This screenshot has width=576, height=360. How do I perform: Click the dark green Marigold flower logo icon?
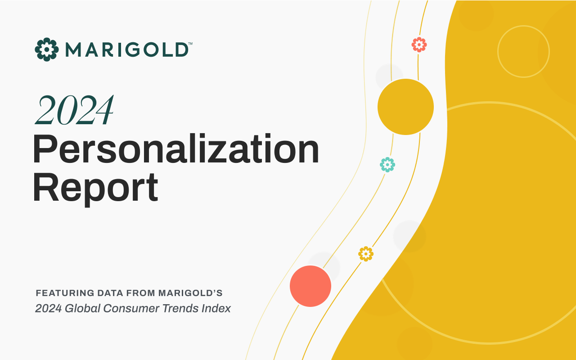coord(46,49)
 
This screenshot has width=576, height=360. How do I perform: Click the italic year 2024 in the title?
coord(75,110)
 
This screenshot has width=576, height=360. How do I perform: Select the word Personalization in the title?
coord(176,148)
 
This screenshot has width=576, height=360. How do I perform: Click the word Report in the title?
coord(95,188)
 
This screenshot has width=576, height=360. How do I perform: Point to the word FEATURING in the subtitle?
coord(65,293)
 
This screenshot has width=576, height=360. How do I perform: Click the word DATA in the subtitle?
coord(110,293)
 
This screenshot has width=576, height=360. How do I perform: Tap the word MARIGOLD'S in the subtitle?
coord(190,293)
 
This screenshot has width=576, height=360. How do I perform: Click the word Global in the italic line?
coord(82,308)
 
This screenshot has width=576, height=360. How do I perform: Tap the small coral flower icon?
coord(419,45)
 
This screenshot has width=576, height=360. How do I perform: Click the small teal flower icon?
coord(387,165)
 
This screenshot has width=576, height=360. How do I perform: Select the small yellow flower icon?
coord(366,254)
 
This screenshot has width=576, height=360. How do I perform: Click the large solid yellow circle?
coord(405,107)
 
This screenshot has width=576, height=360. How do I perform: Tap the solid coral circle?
coord(310,286)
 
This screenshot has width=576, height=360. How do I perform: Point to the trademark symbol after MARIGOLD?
coord(190,44)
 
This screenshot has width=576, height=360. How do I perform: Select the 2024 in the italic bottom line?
coord(48,308)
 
